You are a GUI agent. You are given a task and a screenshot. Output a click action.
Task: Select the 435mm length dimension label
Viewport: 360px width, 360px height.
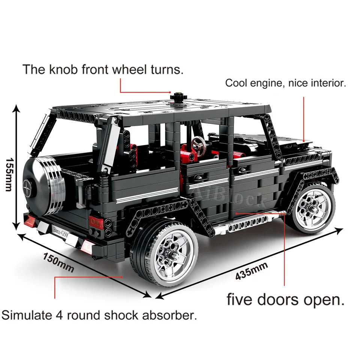point(252,271)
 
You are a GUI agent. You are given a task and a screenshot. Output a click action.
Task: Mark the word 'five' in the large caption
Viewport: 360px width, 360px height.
point(240,300)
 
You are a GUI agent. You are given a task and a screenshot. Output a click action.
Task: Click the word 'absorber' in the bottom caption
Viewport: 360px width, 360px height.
point(169,315)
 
